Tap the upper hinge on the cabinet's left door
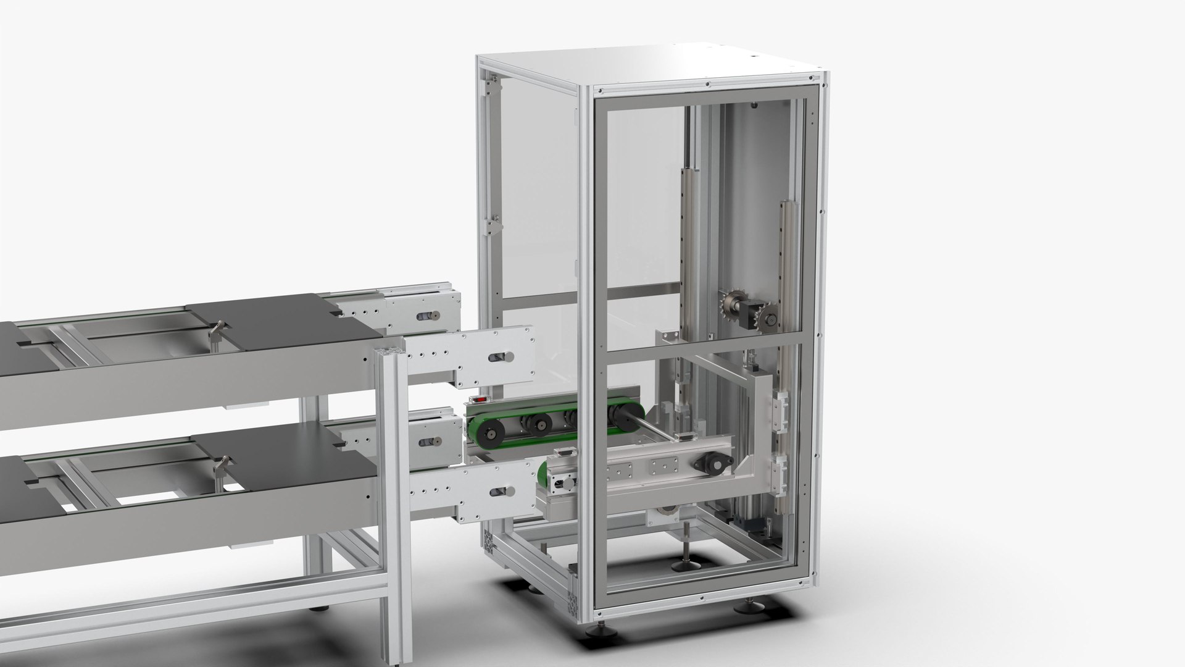(491, 86)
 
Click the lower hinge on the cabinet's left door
(491, 225)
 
